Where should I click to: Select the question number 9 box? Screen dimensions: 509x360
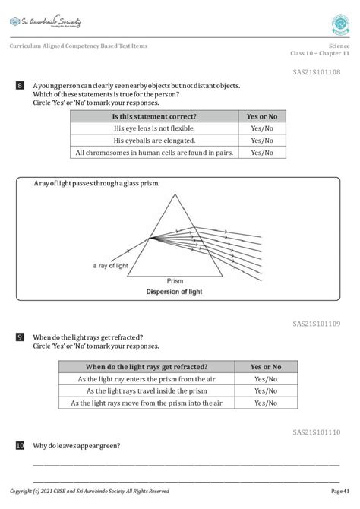pyautogui.click(x=20, y=337)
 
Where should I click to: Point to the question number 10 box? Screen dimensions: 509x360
pyautogui.click(x=20, y=445)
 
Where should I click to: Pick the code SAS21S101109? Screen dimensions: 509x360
pyautogui.click(x=316, y=323)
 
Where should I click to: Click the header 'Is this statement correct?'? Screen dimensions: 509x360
pyautogui.click(x=154, y=116)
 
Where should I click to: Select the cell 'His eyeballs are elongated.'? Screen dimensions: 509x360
pyautogui.click(x=154, y=141)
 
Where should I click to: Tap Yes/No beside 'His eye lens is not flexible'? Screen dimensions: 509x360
pyautogui.click(x=262, y=128)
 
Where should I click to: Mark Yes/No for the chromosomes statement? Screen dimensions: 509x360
pyautogui.click(x=262, y=153)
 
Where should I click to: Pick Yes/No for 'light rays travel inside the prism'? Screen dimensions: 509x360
pyautogui.click(x=266, y=390)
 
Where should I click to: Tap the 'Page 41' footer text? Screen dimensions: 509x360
pyautogui.click(x=340, y=492)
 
